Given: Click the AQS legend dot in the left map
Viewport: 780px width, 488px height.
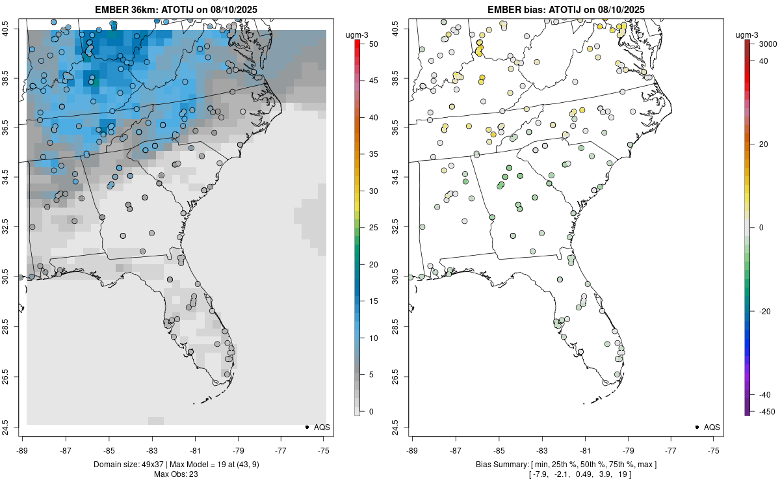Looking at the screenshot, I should click(306, 427).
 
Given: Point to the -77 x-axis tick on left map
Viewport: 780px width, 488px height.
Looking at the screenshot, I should click(281, 450).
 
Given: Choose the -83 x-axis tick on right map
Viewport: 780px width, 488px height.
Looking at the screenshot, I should click(541, 450).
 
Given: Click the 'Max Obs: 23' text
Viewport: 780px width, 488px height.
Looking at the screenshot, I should click(175, 474).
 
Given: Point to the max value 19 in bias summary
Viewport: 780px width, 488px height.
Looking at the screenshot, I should click(620, 474).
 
